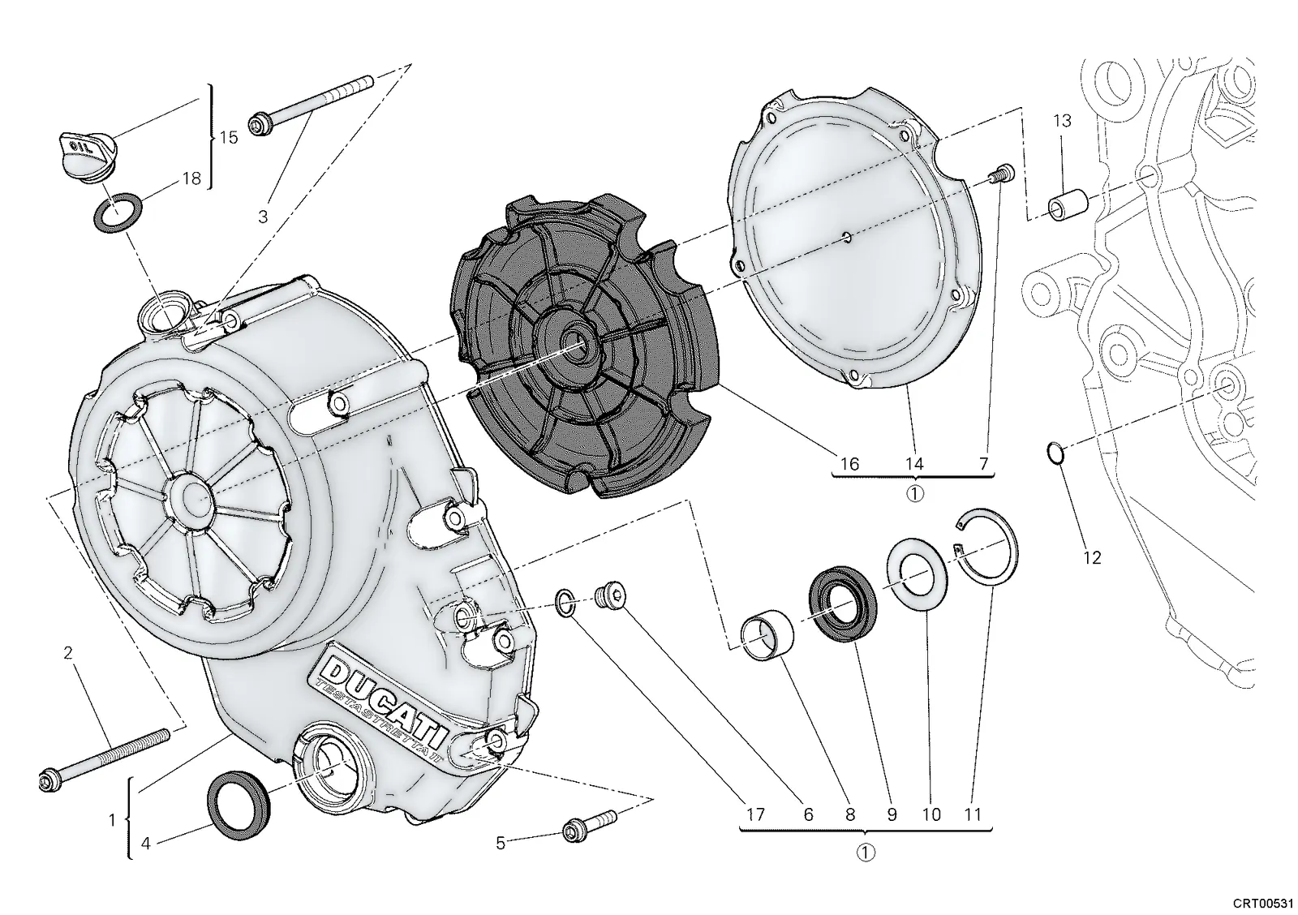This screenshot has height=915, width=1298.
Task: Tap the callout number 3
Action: coord(263,217)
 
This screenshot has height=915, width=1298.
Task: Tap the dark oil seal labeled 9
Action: coord(842,603)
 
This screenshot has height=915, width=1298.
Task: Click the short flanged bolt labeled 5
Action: coord(589,825)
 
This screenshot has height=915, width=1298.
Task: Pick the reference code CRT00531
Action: coord(1262,904)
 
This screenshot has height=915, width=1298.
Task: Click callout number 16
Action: coord(849,464)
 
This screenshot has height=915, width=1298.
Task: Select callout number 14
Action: coord(913,464)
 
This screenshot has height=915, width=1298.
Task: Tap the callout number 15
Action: coord(228,137)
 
